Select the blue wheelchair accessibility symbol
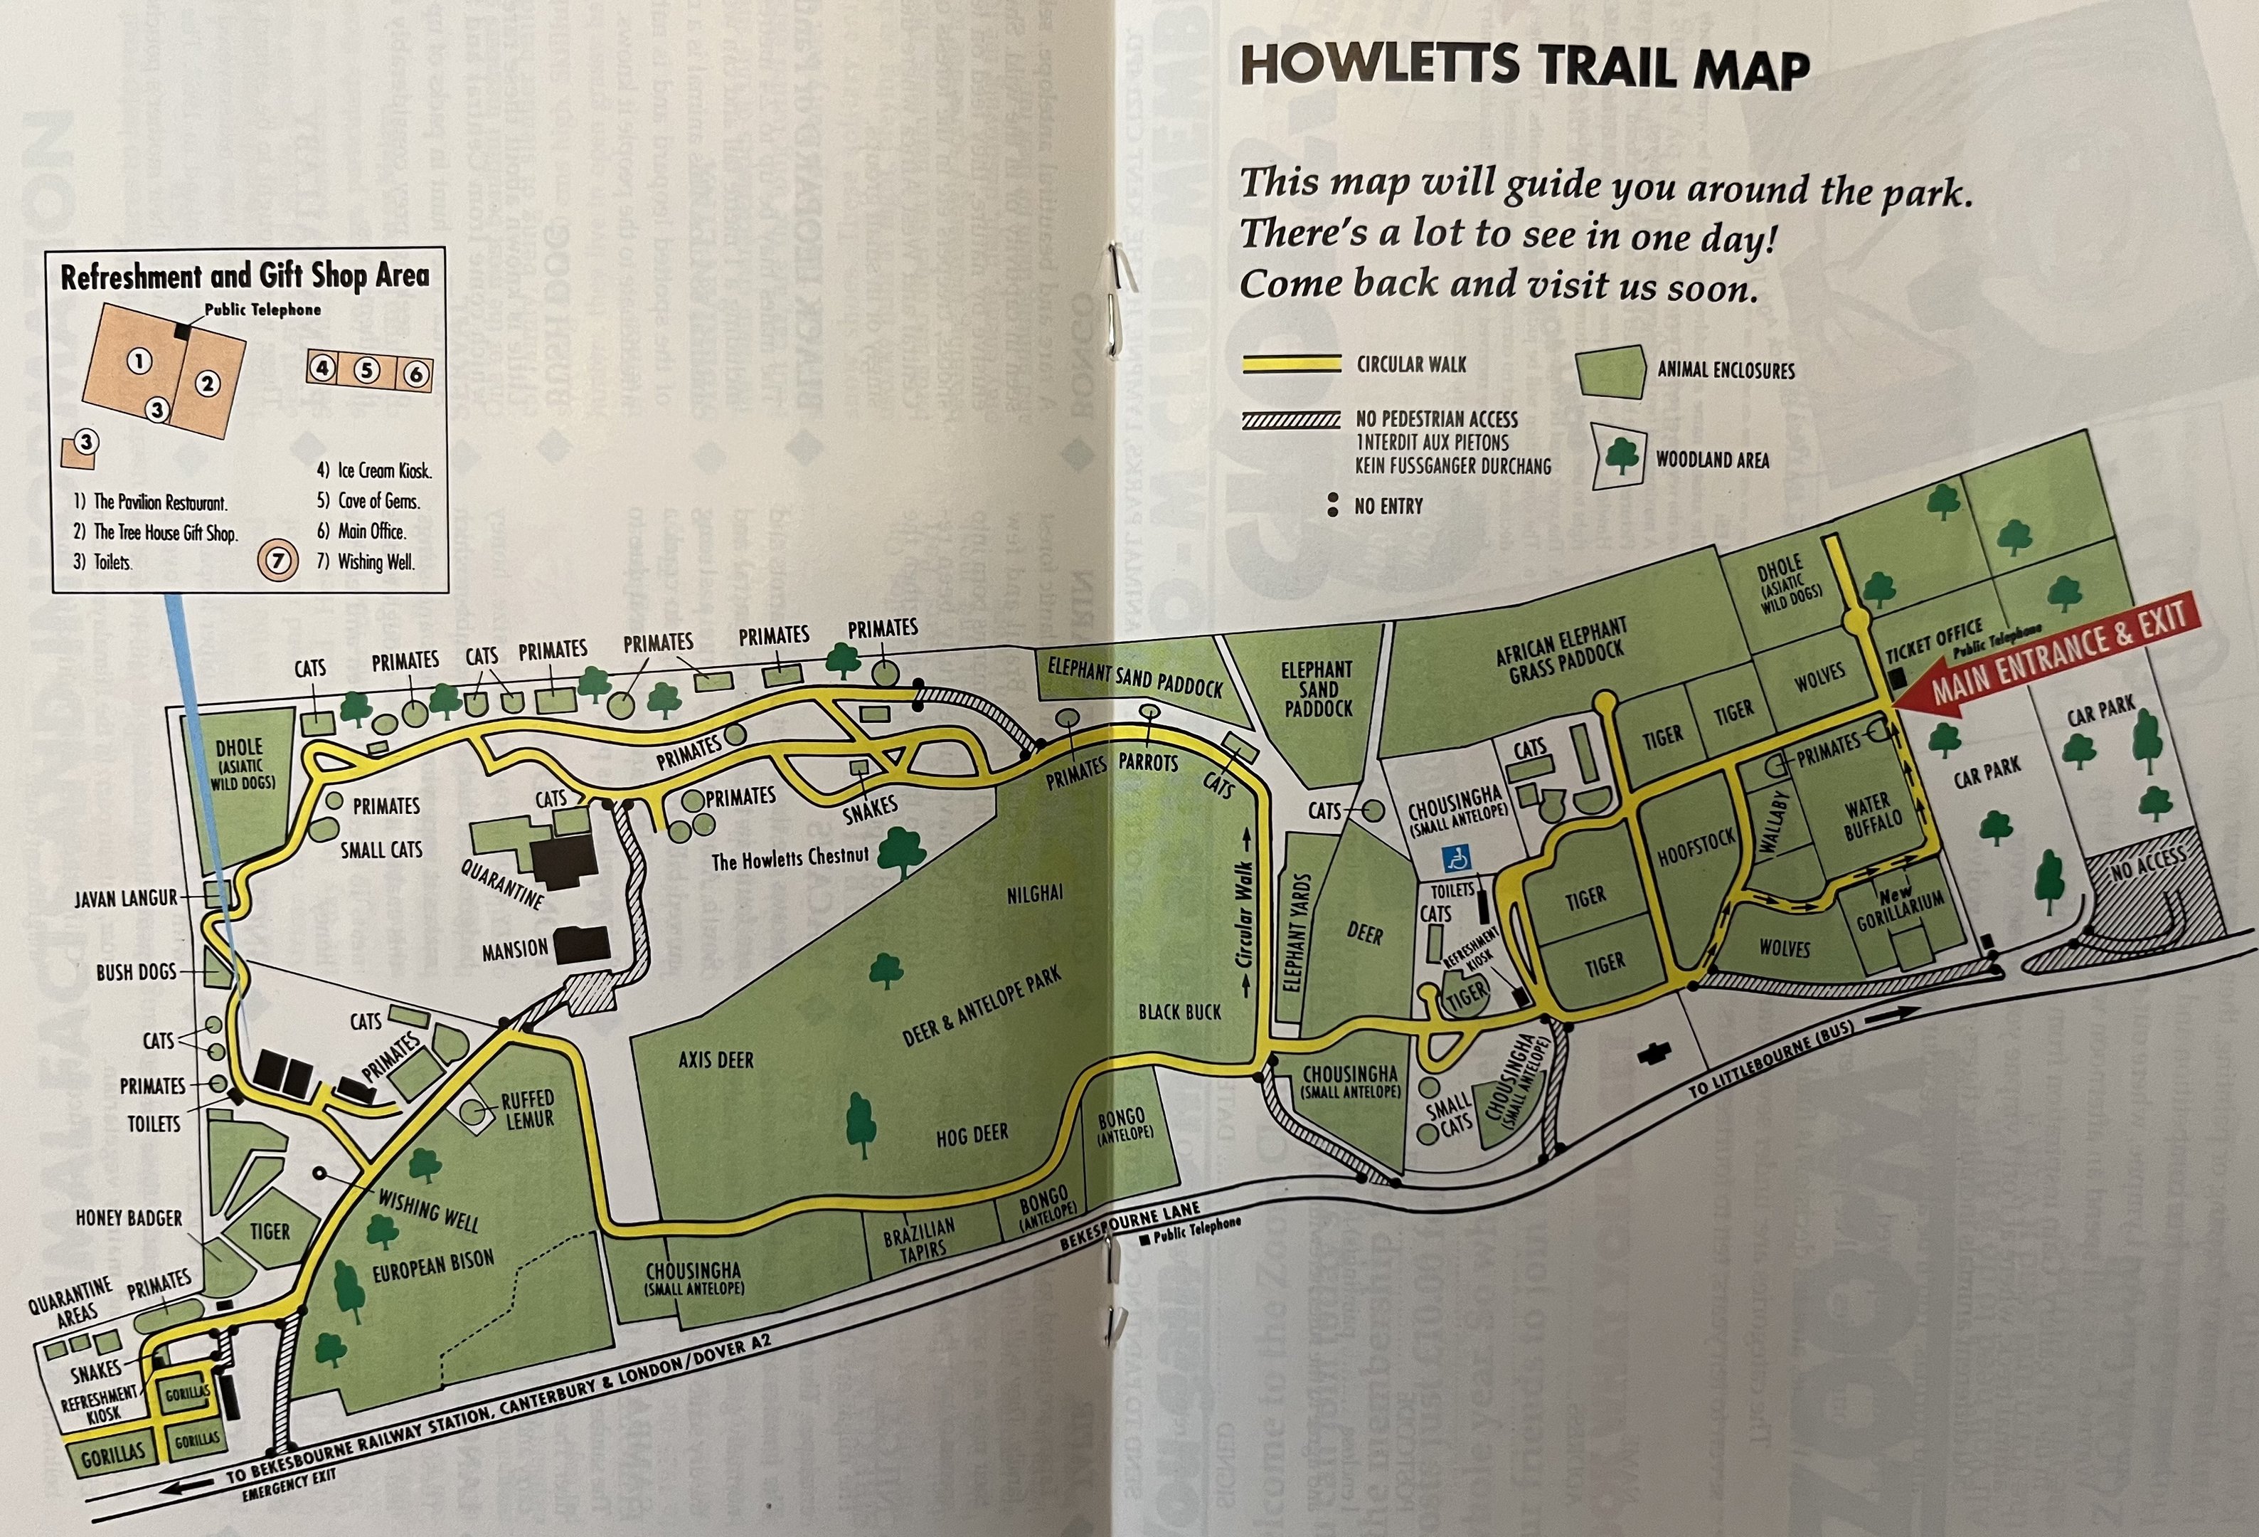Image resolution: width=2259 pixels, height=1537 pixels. coord(1458,858)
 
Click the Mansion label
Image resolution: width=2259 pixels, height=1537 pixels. coord(515,949)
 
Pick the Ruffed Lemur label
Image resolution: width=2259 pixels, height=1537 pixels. coord(528,1110)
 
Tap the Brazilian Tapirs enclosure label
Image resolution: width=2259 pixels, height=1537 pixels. coord(920,1240)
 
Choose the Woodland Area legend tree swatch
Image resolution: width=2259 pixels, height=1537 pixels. coord(1622,455)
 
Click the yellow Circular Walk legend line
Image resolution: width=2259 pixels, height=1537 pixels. coord(1292,364)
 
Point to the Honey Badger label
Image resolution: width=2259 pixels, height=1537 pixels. coord(128,1218)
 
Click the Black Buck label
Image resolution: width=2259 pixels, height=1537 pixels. coord(1179,1012)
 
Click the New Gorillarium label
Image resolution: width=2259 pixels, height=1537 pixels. coord(1898,909)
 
